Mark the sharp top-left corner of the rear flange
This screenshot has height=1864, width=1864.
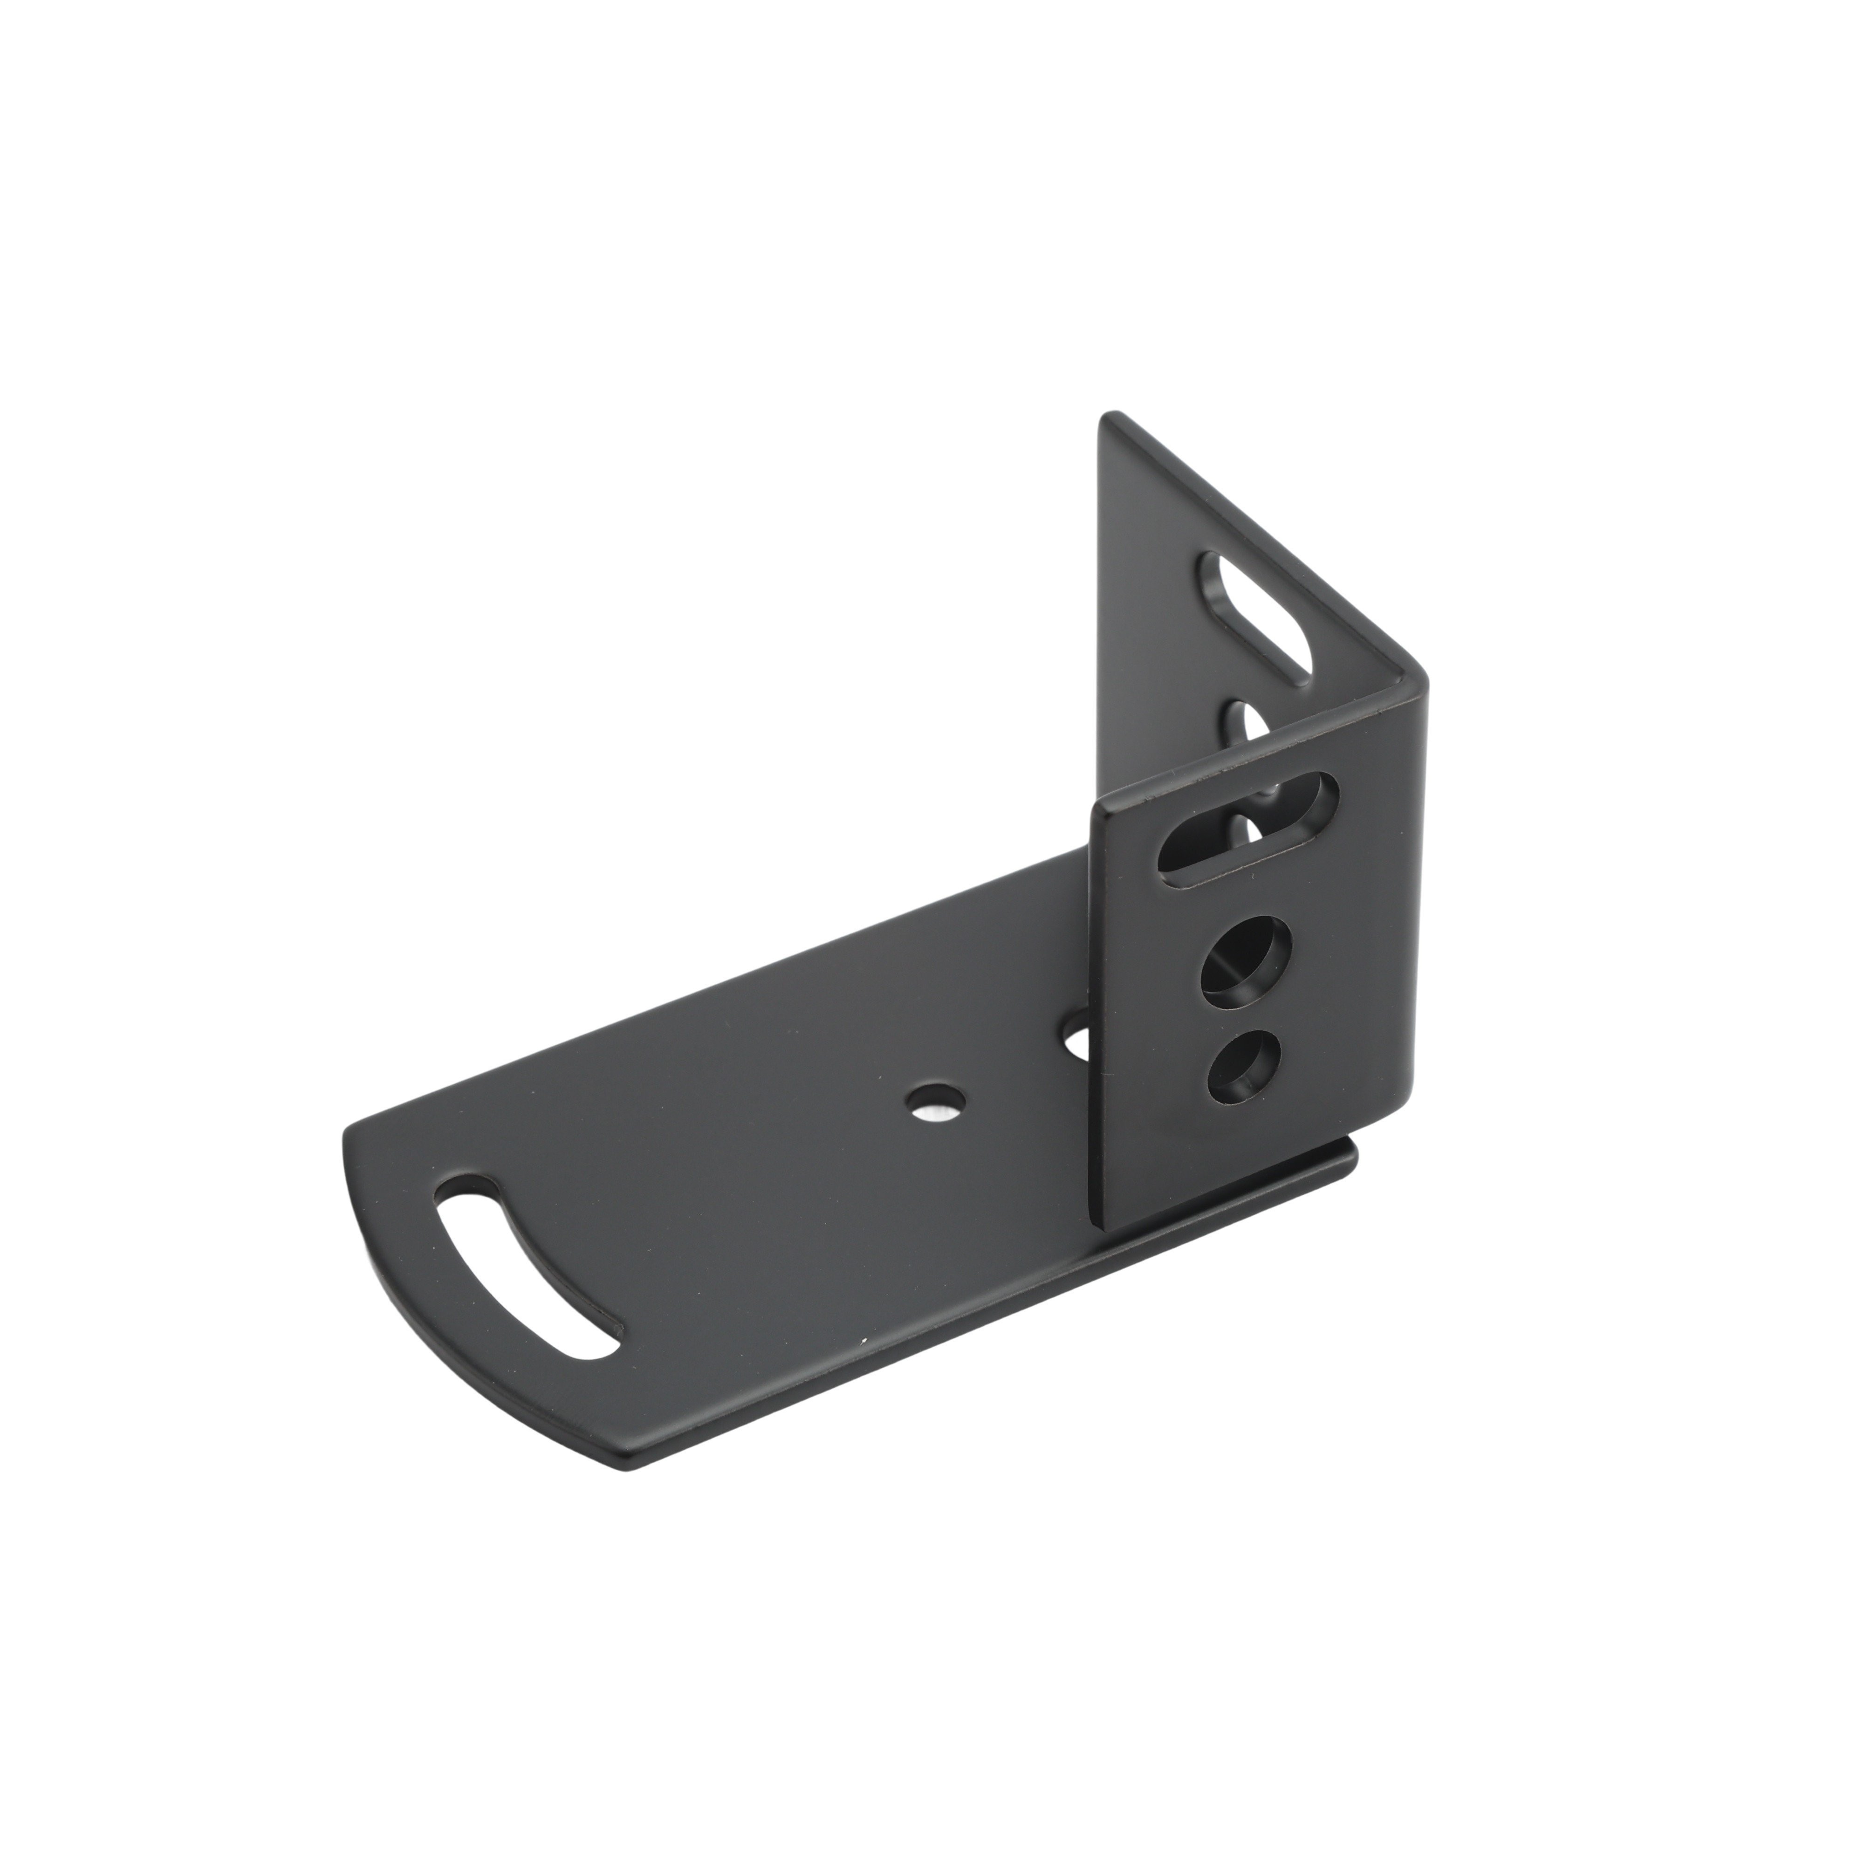(1110, 417)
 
